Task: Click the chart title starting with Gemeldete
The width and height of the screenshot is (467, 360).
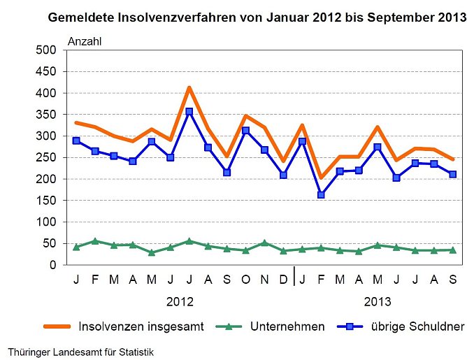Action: tap(257, 17)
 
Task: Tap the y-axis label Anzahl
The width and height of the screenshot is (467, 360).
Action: tap(85, 41)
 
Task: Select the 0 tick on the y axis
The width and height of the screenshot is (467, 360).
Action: tap(52, 265)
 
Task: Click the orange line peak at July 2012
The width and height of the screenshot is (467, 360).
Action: tap(189, 88)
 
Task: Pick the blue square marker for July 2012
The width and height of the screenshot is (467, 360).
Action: tap(189, 112)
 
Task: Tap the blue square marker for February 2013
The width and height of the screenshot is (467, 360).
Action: tap(321, 195)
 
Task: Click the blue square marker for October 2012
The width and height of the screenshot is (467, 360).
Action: tap(245, 131)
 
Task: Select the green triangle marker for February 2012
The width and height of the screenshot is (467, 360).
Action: tap(95, 241)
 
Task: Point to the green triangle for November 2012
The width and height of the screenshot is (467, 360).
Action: tap(264, 243)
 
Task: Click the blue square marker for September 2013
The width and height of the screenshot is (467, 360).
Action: tap(453, 174)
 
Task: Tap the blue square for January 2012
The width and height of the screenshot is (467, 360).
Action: tap(76, 141)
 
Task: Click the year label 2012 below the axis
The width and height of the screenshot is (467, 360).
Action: tap(180, 302)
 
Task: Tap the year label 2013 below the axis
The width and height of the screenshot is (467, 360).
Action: tap(378, 302)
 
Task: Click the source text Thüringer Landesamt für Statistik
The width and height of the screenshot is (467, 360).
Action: tap(80, 351)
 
